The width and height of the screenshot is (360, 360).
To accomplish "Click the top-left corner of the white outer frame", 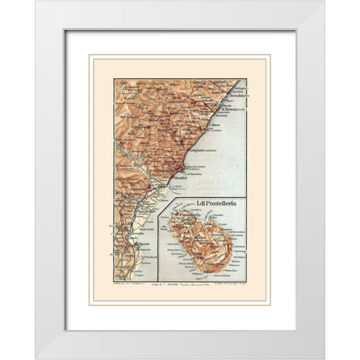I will [x=36, y=2].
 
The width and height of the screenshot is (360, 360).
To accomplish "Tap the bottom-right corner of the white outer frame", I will [x=324, y=358].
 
